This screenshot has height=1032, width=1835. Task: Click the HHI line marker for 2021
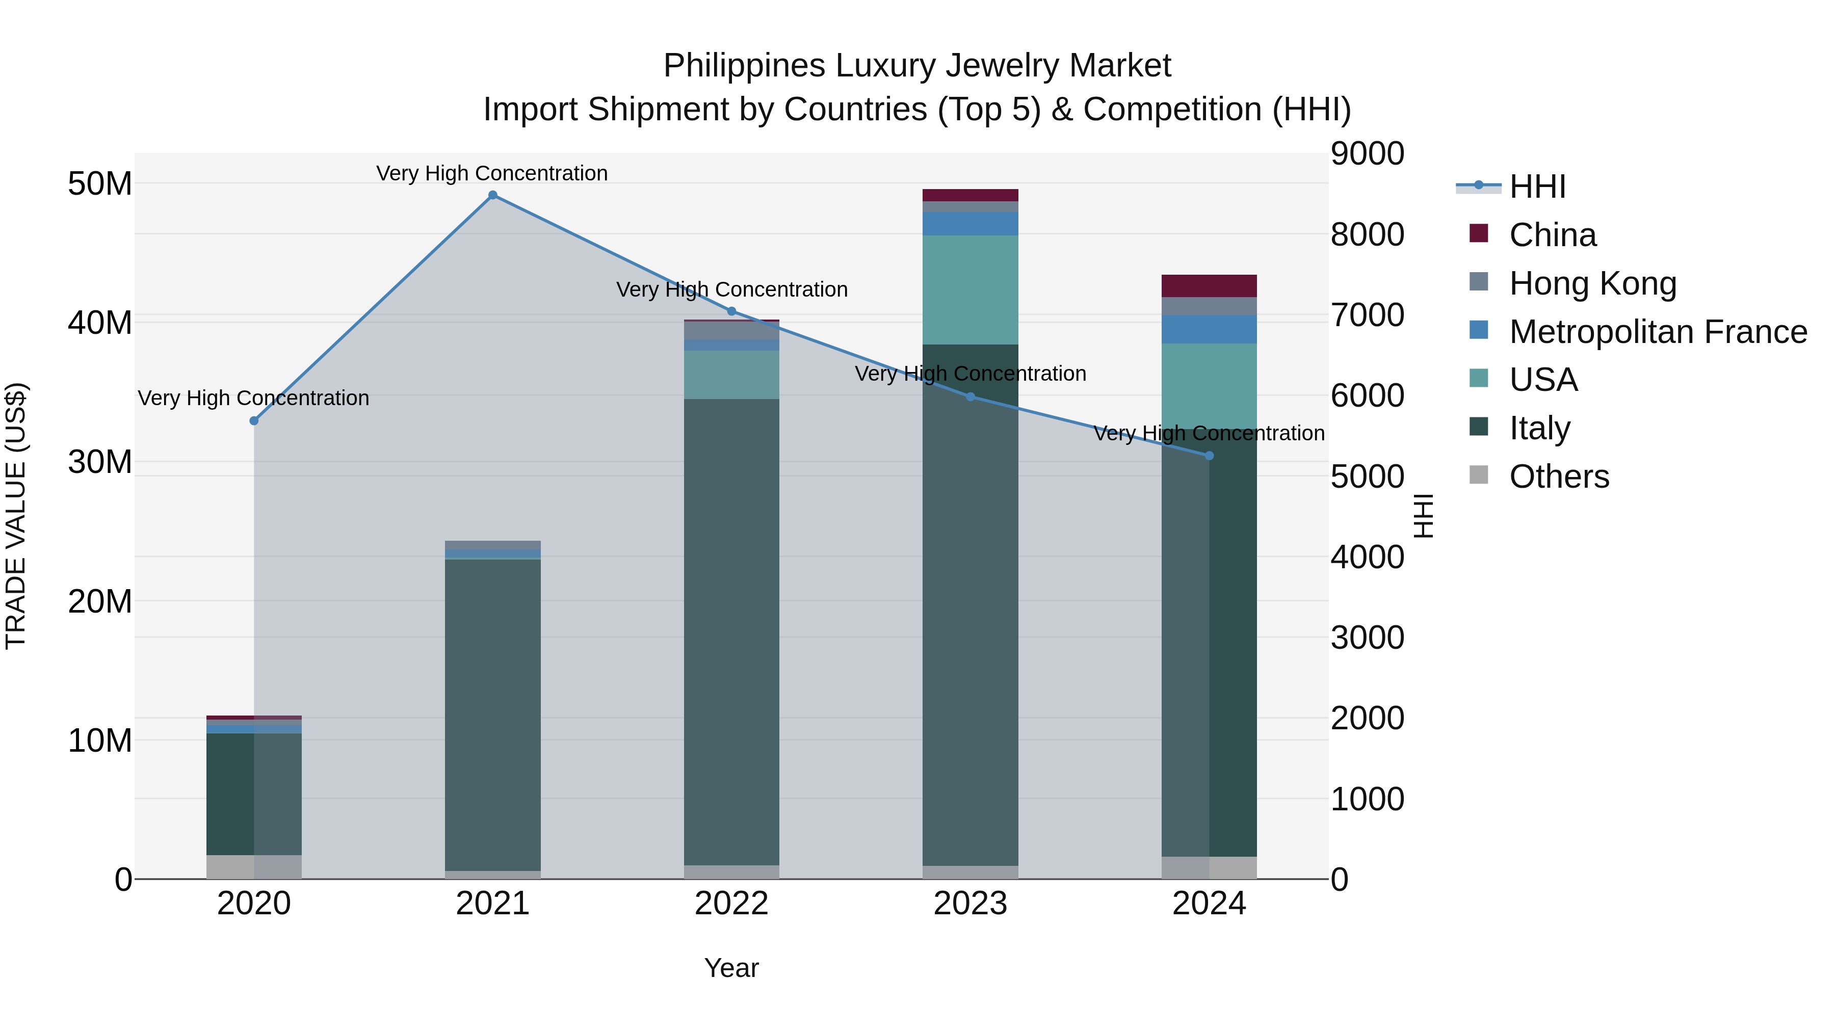click(x=492, y=195)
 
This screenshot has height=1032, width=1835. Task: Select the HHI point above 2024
click(x=1209, y=456)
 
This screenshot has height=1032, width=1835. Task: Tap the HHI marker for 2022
click(x=731, y=311)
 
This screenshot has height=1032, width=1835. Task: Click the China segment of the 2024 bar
click(x=1209, y=285)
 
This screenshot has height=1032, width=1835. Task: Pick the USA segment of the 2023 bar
click(x=970, y=290)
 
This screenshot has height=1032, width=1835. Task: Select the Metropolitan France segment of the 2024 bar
click(x=1209, y=329)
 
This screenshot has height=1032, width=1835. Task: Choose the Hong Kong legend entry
click(x=1592, y=283)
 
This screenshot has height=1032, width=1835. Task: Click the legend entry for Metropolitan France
click(x=1658, y=331)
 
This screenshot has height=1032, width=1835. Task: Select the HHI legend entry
click(x=1537, y=187)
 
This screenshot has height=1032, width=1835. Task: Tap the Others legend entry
click(x=1559, y=477)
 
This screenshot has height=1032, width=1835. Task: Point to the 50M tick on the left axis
click(x=100, y=184)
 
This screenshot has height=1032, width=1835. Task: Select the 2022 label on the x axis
click(x=731, y=904)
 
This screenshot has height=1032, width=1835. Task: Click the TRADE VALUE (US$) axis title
click(x=16, y=516)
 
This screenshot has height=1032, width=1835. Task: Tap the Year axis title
click(x=731, y=968)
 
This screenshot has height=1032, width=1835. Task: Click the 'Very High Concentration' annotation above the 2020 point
click(x=254, y=398)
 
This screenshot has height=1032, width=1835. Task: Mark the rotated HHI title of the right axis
click(x=1423, y=516)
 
